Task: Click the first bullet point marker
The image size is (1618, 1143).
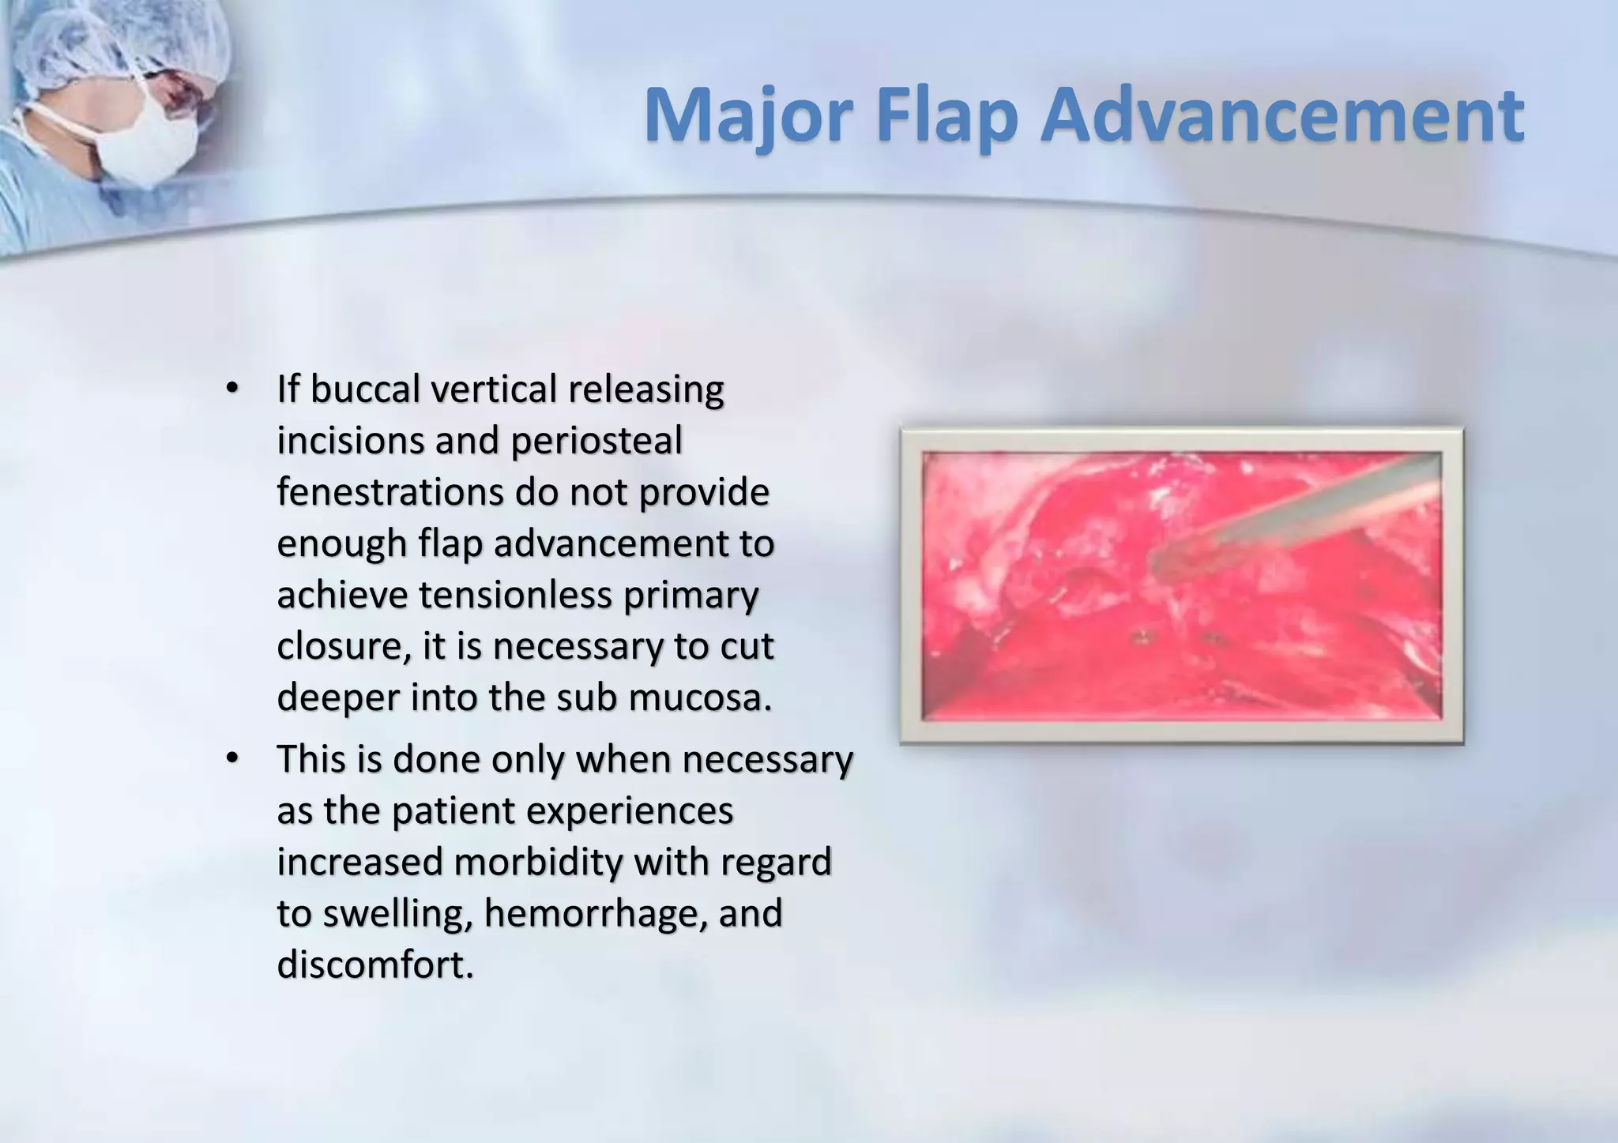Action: coord(231,389)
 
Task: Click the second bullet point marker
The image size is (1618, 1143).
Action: coord(231,758)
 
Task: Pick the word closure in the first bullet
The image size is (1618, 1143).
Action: coord(343,647)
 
